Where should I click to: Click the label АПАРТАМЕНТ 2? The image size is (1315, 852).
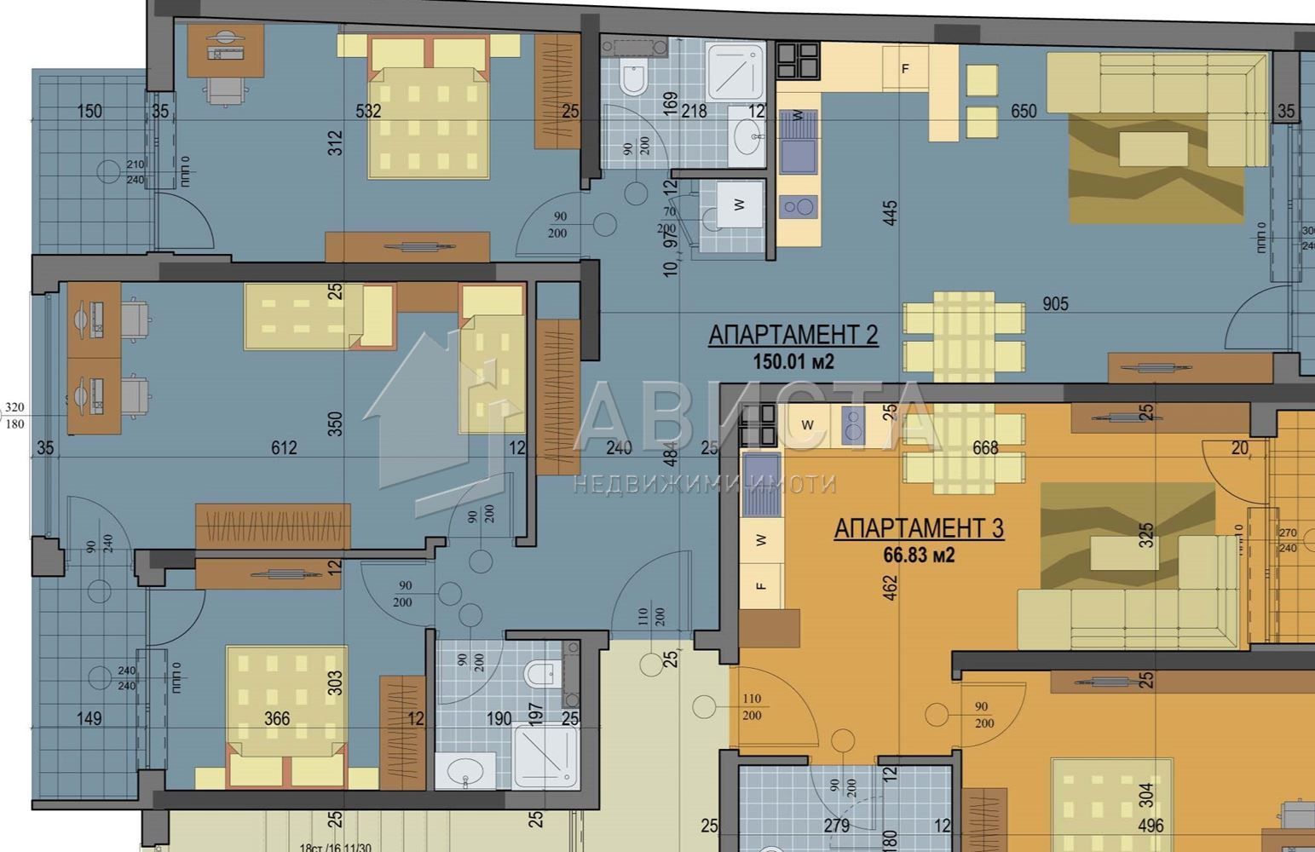click(x=793, y=335)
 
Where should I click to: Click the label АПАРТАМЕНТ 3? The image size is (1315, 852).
click(x=918, y=529)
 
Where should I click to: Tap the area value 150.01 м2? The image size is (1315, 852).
click(x=793, y=361)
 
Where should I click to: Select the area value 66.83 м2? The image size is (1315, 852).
click(x=918, y=556)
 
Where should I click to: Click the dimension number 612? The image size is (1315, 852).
click(x=284, y=448)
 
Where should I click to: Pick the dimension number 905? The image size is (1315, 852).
click(x=1054, y=304)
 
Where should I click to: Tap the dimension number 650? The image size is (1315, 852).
click(x=1023, y=112)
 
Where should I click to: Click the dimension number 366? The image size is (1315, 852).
click(x=277, y=719)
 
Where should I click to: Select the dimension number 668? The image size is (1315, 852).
click(x=984, y=448)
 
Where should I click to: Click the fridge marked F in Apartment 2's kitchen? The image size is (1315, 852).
click(x=905, y=69)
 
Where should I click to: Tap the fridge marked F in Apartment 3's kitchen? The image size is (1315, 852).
click(x=761, y=585)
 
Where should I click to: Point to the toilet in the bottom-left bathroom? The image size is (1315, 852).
click(x=539, y=676)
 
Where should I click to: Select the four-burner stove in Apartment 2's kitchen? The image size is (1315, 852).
click(x=797, y=60)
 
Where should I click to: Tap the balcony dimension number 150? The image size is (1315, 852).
click(x=89, y=112)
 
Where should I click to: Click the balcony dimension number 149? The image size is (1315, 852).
click(x=89, y=719)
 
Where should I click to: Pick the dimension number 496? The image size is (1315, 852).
click(x=1150, y=826)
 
